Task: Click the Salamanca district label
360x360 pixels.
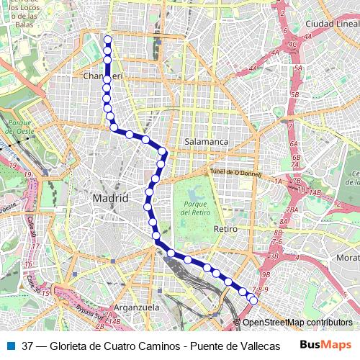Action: click(x=206, y=142)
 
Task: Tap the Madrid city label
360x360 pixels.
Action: click(x=110, y=198)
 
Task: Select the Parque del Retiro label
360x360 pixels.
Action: click(x=194, y=208)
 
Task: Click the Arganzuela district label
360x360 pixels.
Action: click(x=135, y=307)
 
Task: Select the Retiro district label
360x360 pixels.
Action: click(x=225, y=229)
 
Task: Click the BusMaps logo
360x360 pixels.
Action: click(x=325, y=345)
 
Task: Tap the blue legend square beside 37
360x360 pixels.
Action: click(x=9, y=346)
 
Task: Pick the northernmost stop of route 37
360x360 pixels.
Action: click(x=107, y=40)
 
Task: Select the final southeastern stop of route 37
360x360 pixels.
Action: click(x=253, y=300)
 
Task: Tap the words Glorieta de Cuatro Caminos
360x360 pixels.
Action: click(x=118, y=346)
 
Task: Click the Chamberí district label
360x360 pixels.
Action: click(x=104, y=76)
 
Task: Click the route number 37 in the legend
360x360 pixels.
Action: click(x=27, y=346)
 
